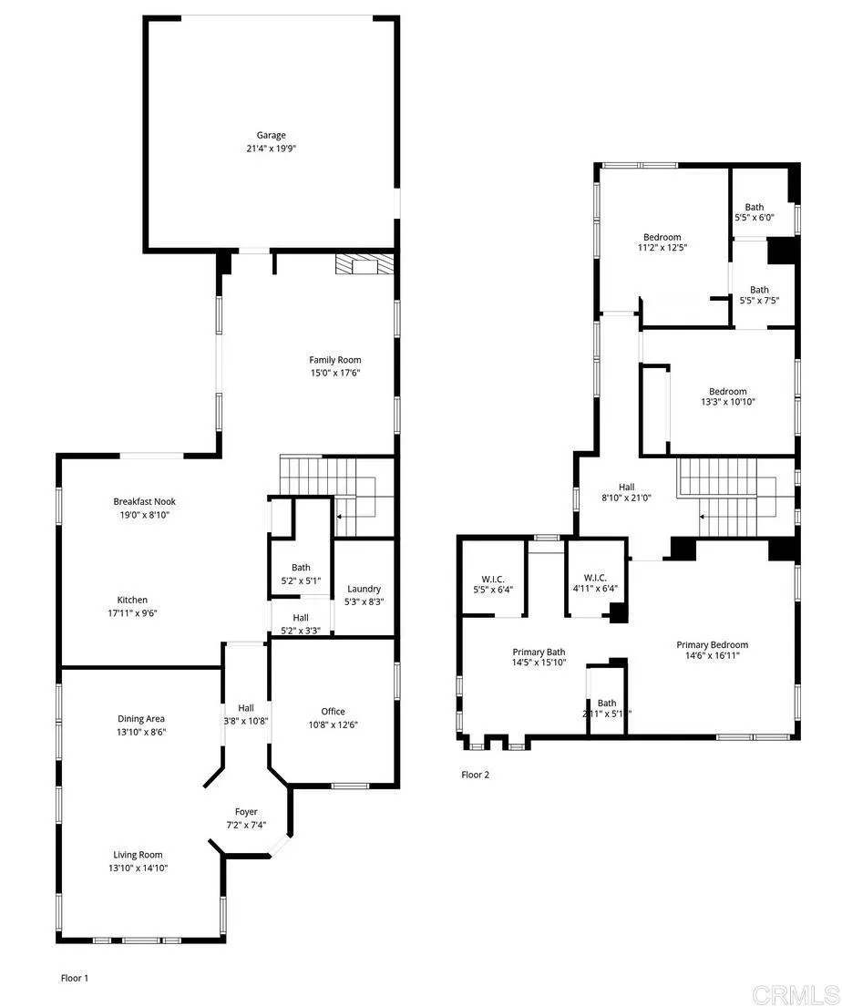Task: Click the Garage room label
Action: pos(271,135)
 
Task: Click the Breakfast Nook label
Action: pos(144,501)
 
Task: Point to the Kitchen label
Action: pos(132,600)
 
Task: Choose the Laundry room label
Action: pos(364,589)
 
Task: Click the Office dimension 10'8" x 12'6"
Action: pos(333,724)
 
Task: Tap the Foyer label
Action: pos(246,812)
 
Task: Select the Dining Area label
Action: pos(140,718)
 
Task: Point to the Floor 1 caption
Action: pos(75,978)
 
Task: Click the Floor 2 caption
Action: pos(475,775)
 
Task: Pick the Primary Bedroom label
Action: pos(712,645)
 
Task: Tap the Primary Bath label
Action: pos(539,652)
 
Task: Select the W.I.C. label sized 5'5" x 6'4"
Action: pos(492,579)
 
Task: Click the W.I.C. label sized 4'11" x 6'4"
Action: pos(595,578)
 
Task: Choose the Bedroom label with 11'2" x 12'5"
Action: pos(662,237)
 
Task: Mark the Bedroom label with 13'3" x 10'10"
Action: pos(728,392)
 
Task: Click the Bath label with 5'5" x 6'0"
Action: pos(755,207)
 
